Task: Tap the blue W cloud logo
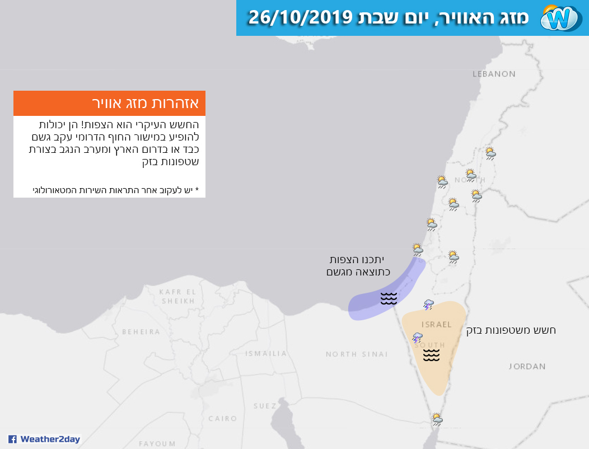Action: pos(560,18)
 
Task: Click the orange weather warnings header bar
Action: pos(109,104)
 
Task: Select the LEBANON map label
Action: pos(494,74)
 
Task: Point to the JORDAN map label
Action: pos(527,366)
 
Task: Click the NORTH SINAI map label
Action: pos(357,354)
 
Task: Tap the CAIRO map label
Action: pos(223,418)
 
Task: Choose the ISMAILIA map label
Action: pos(266,353)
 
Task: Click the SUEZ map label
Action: pos(264,405)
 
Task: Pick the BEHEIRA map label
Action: pos(141,331)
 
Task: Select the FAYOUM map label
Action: pos(157,443)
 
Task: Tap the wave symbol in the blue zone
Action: pos(389,298)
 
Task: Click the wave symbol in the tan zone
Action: pos(431,355)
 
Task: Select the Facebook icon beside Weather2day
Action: pos(12,439)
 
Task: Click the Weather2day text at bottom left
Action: pos(50,439)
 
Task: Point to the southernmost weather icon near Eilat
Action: pos(437,418)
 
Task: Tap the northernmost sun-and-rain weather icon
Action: pos(490,153)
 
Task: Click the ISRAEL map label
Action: pos(436,325)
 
